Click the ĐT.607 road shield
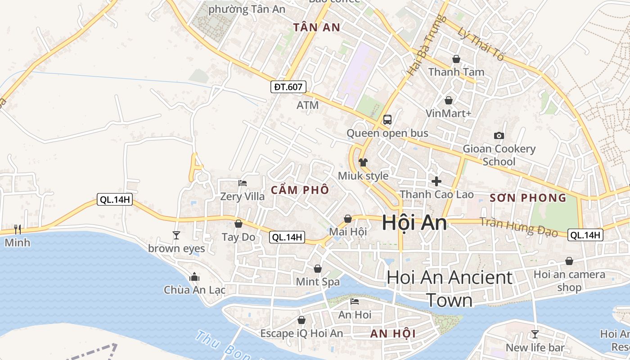click(288, 87)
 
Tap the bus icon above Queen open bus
click(387, 120)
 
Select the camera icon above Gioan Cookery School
click(499, 135)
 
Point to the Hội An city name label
click(414, 223)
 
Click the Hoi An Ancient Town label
click(450, 289)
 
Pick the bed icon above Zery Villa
click(243, 183)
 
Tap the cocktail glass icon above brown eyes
click(176, 235)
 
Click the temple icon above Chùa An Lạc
click(194, 277)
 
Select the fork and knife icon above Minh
click(18, 229)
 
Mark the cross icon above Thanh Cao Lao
click(436, 181)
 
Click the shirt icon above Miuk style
click(363, 162)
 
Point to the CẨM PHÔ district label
click(300, 190)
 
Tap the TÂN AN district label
click(317, 27)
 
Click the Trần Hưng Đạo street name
click(518, 227)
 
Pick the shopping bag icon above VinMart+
click(448, 100)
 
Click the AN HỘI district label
click(393, 334)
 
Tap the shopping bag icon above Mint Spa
click(318, 269)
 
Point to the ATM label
click(307, 105)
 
